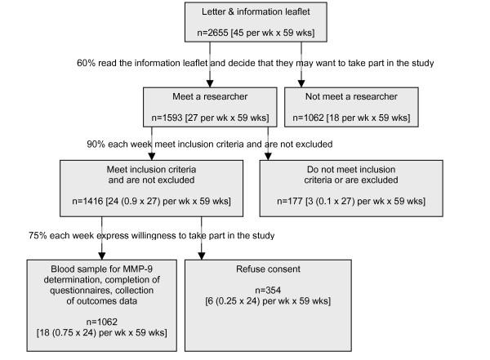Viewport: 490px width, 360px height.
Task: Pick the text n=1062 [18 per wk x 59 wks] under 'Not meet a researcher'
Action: coord(346,118)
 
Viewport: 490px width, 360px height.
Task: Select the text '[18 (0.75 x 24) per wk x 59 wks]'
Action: coord(101,334)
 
